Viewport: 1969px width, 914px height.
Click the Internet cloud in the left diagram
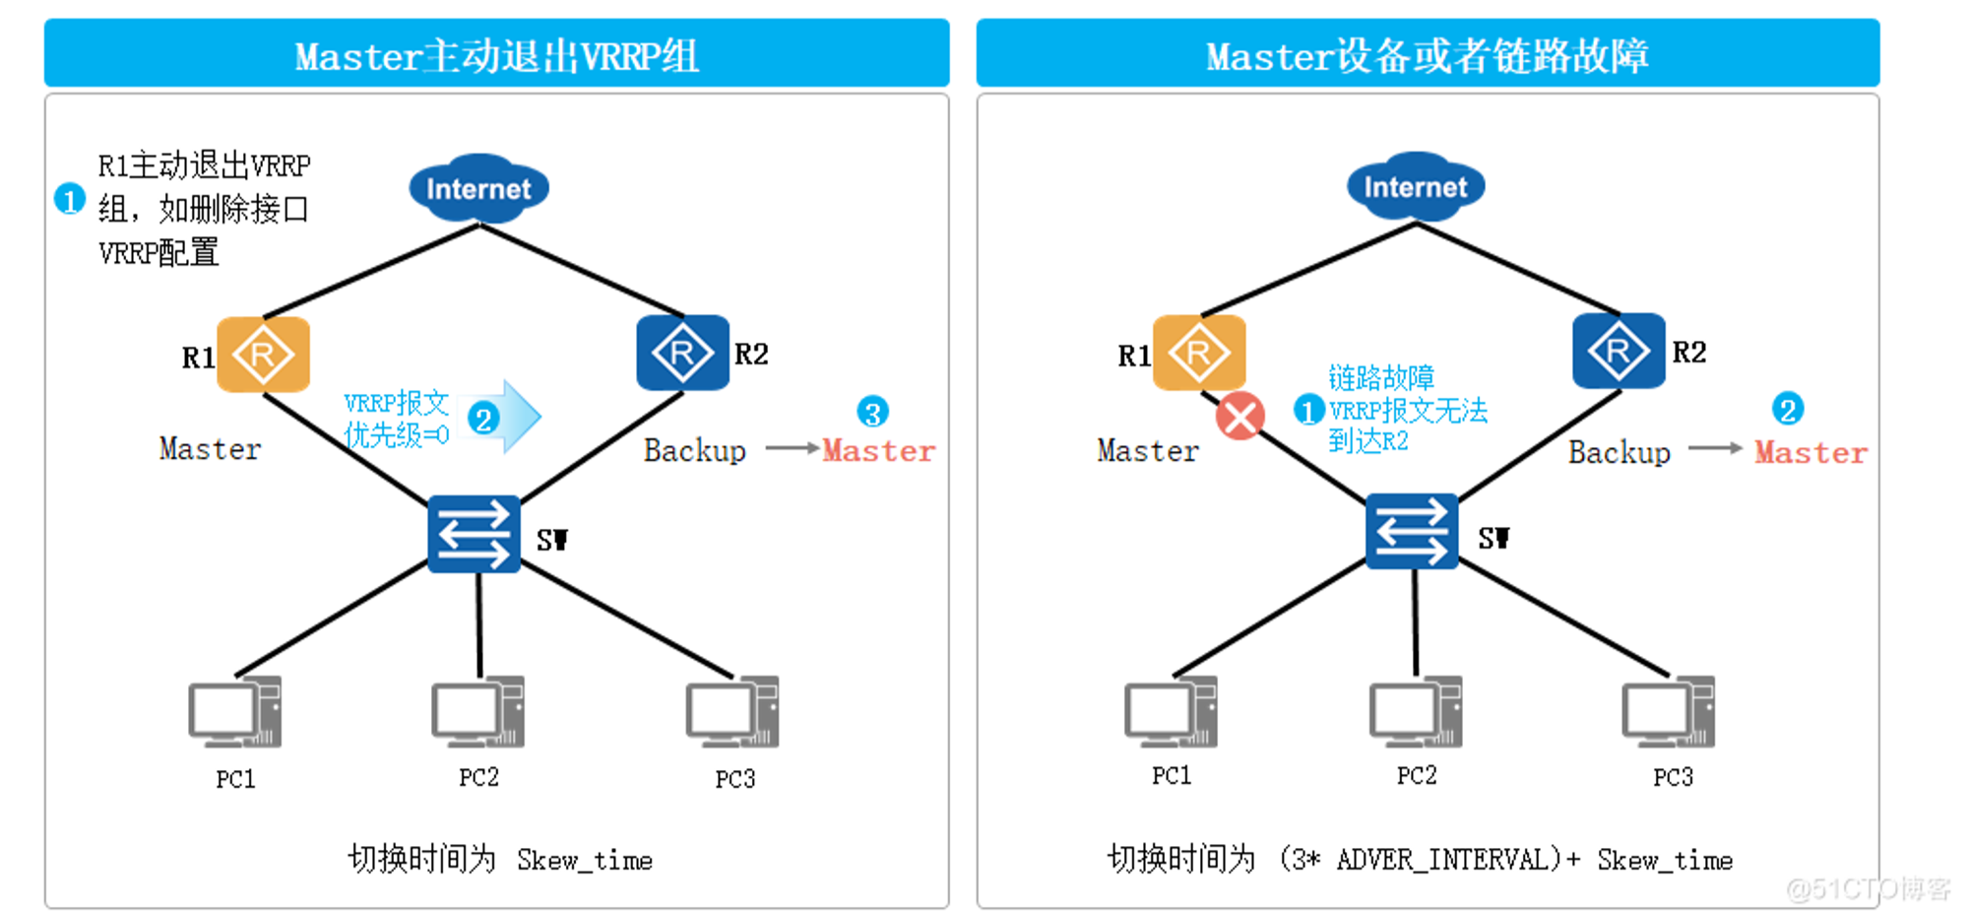tap(478, 187)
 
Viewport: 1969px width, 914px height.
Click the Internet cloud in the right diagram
tap(1415, 185)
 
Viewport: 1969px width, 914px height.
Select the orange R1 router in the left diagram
tap(263, 355)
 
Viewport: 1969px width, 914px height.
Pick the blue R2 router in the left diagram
tap(682, 353)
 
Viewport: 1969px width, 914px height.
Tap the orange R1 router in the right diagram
tap(1198, 352)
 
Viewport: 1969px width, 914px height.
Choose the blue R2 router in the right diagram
tap(1619, 351)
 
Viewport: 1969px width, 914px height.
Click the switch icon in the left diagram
tap(474, 534)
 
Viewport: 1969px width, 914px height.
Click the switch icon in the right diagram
tap(1411, 532)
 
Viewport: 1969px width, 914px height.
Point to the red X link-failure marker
tap(1240, 416)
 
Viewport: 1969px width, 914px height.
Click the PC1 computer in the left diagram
tap(235, 712)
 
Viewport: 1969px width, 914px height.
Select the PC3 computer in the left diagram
tap(732, 712)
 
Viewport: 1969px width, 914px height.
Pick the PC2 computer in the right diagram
tap(1416, 711)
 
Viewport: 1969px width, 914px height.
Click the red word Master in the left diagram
tap(878, 451)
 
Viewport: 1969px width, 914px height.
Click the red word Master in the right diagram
tap(1810, 453)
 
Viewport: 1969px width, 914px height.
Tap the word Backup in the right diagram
tap(1619, 453)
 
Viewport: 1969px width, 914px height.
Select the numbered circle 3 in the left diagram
tap(872, 412)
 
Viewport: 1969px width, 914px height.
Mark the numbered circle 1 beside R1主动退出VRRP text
tap(69, 200)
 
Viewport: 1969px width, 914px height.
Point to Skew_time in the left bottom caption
tap(585, 861)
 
